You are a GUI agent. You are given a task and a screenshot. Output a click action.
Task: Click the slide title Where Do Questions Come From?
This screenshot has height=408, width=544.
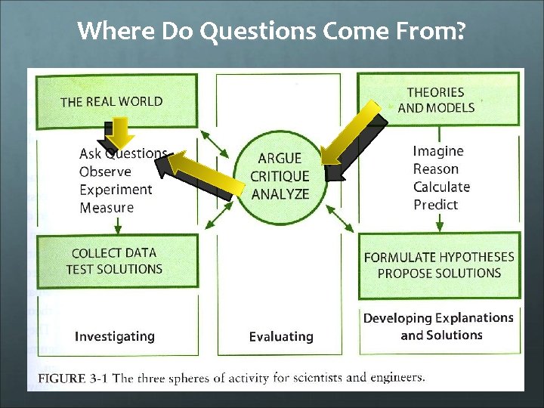coord(272,31)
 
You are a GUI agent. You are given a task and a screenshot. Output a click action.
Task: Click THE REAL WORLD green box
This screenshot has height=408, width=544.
coord(112,101)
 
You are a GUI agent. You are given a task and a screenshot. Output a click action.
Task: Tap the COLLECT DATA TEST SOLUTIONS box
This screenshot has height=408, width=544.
coord(114,261)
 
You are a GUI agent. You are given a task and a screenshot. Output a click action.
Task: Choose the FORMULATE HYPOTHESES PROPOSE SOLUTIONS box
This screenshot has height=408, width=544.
coord(438,264)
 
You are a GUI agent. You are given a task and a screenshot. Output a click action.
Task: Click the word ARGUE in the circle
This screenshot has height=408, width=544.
coord(280,159)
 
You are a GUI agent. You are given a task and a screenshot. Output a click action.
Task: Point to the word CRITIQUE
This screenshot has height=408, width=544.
coord(280,176)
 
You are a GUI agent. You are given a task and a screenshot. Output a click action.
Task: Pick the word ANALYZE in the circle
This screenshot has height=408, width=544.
coord(280,194)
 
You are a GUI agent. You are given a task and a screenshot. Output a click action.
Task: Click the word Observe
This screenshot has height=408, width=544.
coord(105,172)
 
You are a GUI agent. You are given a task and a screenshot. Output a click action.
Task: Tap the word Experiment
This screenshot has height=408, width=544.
coord(116,190)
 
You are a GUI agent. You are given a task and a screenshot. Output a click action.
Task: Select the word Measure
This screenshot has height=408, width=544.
coord(107,207)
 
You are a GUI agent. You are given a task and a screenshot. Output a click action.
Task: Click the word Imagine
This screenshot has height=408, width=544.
coord(438,151)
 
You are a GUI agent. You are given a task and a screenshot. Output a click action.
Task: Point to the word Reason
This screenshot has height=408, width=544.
coord(436,168)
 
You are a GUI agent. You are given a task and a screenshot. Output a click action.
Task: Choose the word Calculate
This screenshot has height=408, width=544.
coord(441,187)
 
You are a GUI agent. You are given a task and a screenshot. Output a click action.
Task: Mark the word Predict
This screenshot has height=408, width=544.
coord(436,204)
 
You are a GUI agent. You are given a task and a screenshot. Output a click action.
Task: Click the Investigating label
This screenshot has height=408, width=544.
coord(114,336)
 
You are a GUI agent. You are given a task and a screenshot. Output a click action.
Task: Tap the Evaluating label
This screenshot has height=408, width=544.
coord(281,336)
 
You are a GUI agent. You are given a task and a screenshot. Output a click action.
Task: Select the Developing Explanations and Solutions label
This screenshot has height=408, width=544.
coord(438,326)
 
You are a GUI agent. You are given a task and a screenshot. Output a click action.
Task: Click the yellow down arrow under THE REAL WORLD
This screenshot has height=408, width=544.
coord(119,135)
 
